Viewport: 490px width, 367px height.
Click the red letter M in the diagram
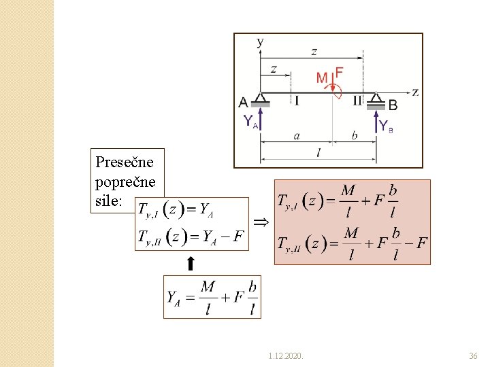point(322,78)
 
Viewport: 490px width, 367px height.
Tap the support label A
point(244,103)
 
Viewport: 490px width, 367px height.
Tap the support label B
point(393,105)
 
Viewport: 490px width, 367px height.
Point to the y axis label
point(259,41)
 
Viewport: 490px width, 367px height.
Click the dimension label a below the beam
point(297,135)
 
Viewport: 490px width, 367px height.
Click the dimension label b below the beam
point(354,135)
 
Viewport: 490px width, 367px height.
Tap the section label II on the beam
point(357,101)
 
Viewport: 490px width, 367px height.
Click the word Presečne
point(125,162)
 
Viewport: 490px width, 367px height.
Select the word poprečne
point(126,182)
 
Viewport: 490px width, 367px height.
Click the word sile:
point(110,202)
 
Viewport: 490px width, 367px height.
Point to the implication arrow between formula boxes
point(261,222)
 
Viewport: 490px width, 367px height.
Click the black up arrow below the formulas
point(191,263)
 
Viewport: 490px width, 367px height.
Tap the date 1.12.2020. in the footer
point(287,355)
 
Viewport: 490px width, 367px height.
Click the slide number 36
point(474,355)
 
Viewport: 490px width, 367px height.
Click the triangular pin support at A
point(260,97)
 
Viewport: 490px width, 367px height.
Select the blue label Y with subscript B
point(386,126)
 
